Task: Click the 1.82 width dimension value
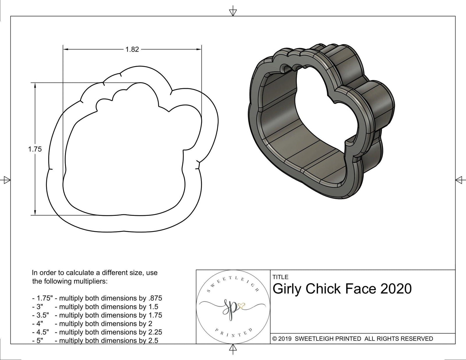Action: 132,50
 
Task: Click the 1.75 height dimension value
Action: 35,149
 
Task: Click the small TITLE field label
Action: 280,277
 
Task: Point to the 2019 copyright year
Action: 285,339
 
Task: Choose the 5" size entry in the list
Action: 40,340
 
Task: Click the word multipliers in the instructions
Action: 91,281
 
